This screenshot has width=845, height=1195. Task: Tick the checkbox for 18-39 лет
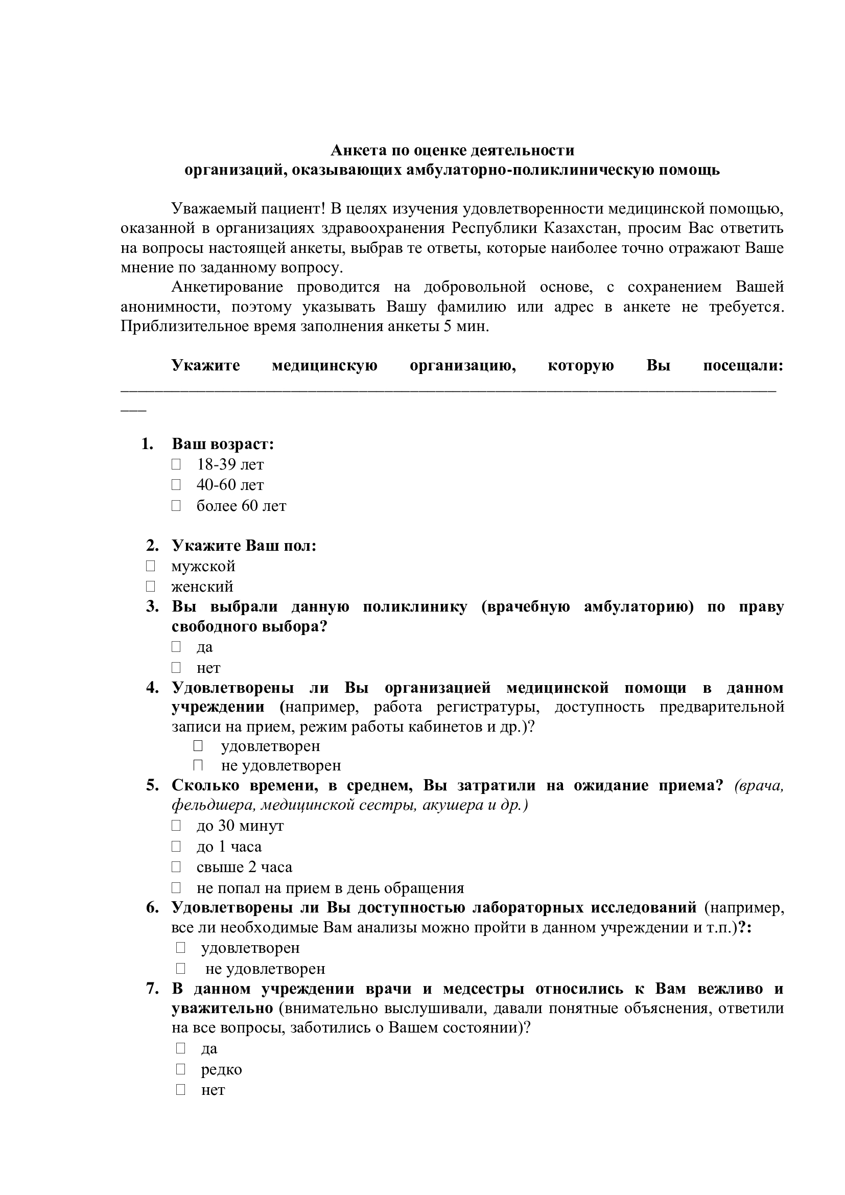click(176, 464)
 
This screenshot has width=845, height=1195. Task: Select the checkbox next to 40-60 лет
click(176, 484)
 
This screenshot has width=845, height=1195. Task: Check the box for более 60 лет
click(176, 505)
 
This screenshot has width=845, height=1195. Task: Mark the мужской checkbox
click(150, 566)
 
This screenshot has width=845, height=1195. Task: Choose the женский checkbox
click(150, 587)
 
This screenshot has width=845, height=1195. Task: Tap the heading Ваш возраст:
click(223, 444)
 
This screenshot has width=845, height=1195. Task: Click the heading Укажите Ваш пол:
click(244, 546)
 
